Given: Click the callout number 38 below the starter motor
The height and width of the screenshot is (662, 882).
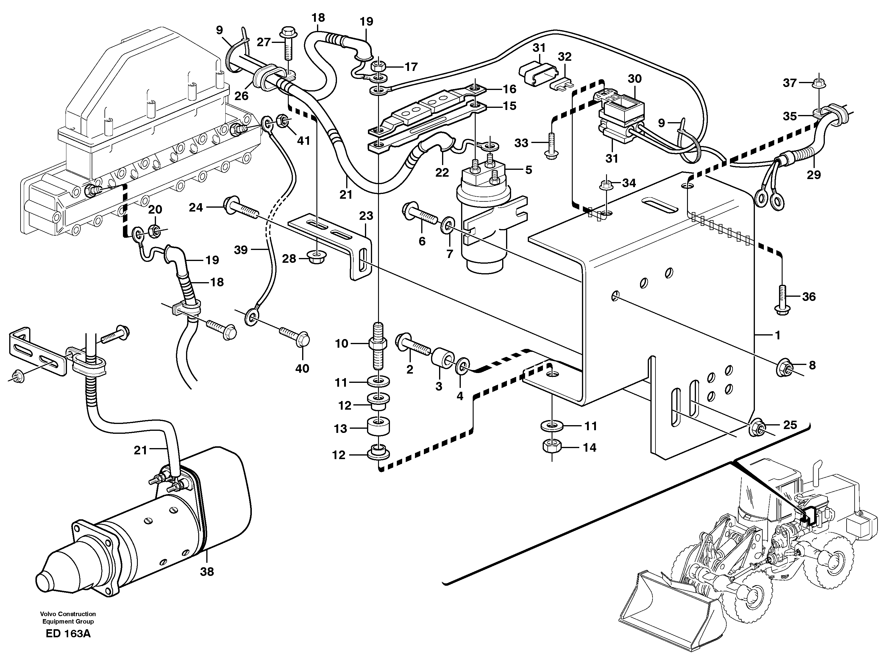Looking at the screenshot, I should point(207,572).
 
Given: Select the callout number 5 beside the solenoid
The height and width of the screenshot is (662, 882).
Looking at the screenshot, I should point(528,170).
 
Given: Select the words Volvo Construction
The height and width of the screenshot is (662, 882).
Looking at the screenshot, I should point(68,614).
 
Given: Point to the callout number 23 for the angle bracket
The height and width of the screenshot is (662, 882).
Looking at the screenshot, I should point(366,216).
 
